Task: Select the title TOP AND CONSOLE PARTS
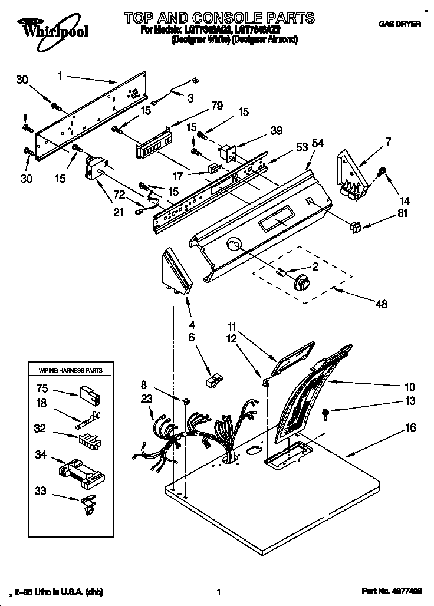(219, 18)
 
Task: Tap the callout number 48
(382, 304)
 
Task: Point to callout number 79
(200, 107)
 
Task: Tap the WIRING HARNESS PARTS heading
(70, 370)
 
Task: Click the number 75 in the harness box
(41, 388)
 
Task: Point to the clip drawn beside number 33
(87, 505)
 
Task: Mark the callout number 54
(318, 143)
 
